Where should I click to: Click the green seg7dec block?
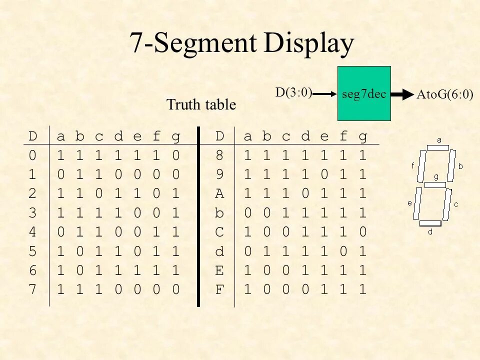(364, 93)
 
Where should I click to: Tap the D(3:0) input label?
(294, 92)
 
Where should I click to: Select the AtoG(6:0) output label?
(445, 95)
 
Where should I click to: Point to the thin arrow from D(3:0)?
(324, 93)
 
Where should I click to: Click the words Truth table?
(201, 105)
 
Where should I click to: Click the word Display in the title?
(309, 43)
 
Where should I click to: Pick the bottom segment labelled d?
(430, 223)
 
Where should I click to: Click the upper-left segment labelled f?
(421, 165)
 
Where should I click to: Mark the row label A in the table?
(219, 193)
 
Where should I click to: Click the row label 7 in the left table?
(32, 289)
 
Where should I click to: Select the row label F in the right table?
(219, 289)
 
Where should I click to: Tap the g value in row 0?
(175, 155)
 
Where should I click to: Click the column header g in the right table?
(363, 136)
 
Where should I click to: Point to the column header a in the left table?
(60, 136)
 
